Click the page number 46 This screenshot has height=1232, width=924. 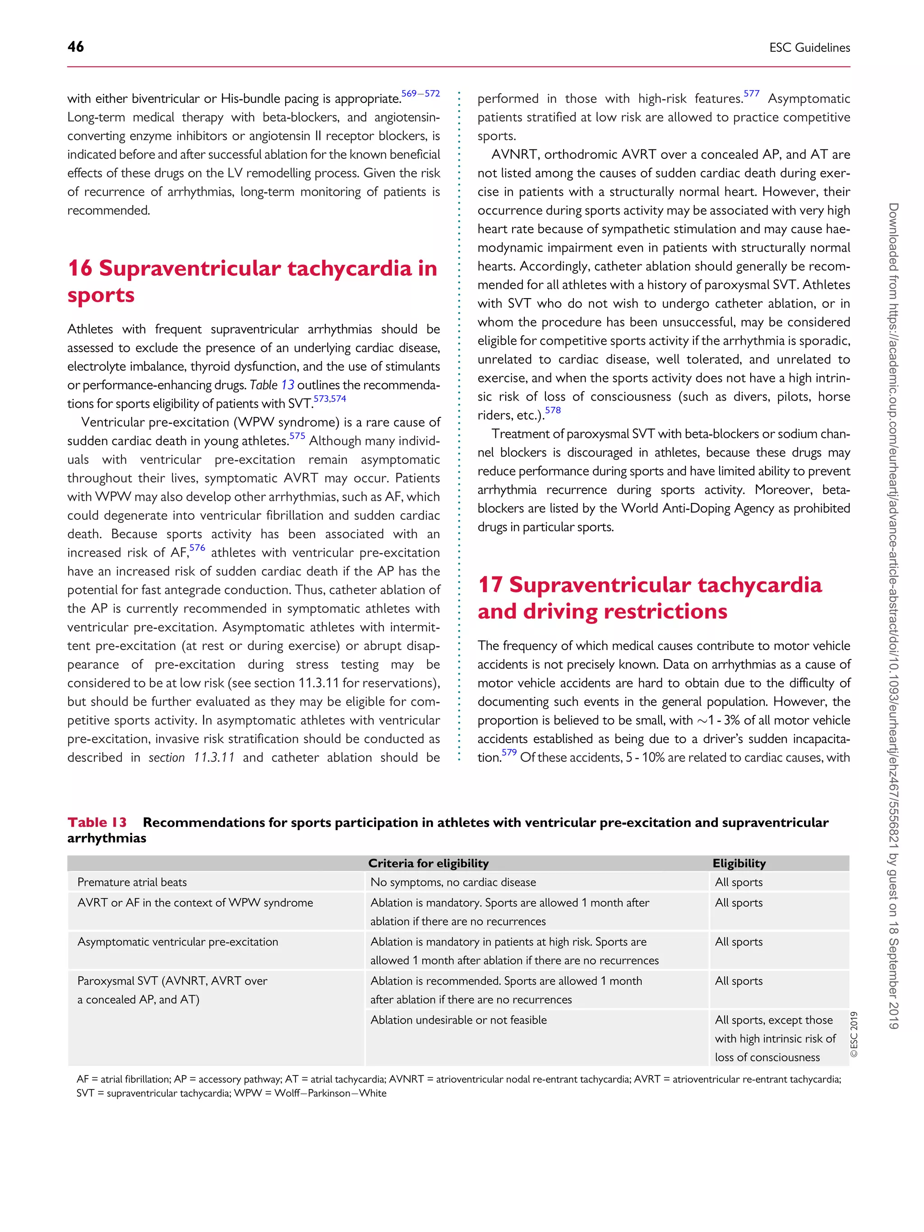pyautogui.click(x=76, y=47)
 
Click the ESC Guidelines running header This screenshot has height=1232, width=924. pyautogui.click(x=809, y=48)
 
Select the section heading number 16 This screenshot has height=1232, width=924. pyautogui.click(x=80, y=268)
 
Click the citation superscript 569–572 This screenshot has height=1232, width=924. pyautogui.click(x=420, y=93)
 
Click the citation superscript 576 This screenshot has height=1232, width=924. pyautogui.click(x=197, y=548)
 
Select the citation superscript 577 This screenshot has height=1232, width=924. pyautogui.click(x=751, y=93)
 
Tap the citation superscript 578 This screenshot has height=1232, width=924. pyautogui.click(x=553, y=411)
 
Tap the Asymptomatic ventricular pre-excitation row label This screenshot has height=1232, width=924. pyautogui.click(x=178, y=942)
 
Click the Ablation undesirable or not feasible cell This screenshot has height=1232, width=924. pyautogui.click(x=459, y=1020)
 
